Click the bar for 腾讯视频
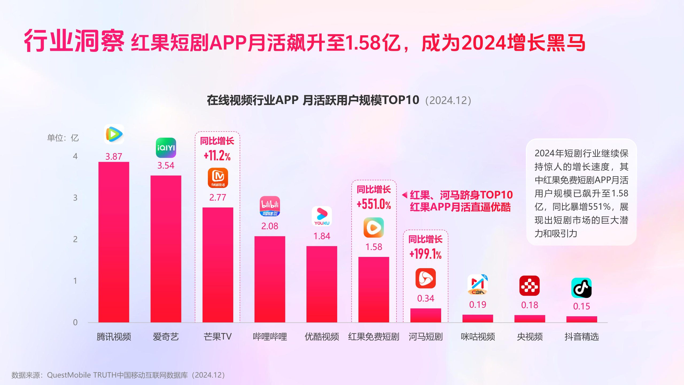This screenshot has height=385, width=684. click(x=114, y=242)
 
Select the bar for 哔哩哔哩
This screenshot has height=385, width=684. click(x=270, y=279)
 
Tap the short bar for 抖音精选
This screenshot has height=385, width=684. click(x=582, y=319)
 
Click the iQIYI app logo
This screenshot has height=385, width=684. click(x=166, y=148)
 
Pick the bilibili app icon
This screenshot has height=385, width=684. click(x=270, y=206)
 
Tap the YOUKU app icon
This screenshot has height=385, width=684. click(x=322, y=216)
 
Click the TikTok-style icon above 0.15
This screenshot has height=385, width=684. click(x=581, y=288)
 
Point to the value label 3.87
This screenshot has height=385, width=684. click(x=114, y=156)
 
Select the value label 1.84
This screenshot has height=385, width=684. click(x=322, y=236)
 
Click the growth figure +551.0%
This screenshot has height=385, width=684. click(x=374, y=204)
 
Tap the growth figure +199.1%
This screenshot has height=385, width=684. click(x=425, y=254)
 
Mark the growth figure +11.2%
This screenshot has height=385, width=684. click(x=217, y=156)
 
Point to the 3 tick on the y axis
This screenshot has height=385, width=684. click(x=75, y=198)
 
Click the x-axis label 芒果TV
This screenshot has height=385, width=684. click(x=217, y=336)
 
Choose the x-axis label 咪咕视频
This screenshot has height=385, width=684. click(x=477, y=336)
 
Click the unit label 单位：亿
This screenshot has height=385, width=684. click(x=63, y=138)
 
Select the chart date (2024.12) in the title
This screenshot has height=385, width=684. click(x=448, y=101)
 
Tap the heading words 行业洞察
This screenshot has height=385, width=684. click(x=74, y=41)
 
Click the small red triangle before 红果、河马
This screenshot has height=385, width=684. click(x=405, y=195)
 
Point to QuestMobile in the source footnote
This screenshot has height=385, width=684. click(x=69, y=375)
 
